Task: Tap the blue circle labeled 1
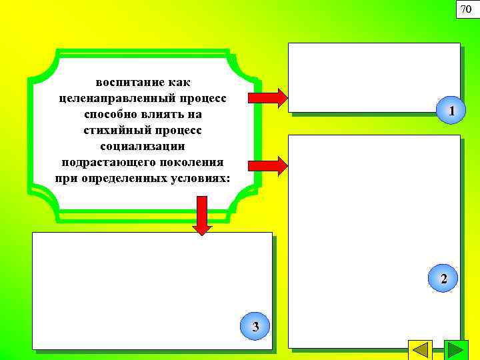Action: pos(452,111)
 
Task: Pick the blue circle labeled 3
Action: pos(255,325)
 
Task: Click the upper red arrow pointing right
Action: pos(268,97)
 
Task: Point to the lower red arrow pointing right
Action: pos(268,165)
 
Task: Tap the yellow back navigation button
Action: pos(420,351)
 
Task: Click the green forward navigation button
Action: pos(456,351)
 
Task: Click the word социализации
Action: pos(143,146)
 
